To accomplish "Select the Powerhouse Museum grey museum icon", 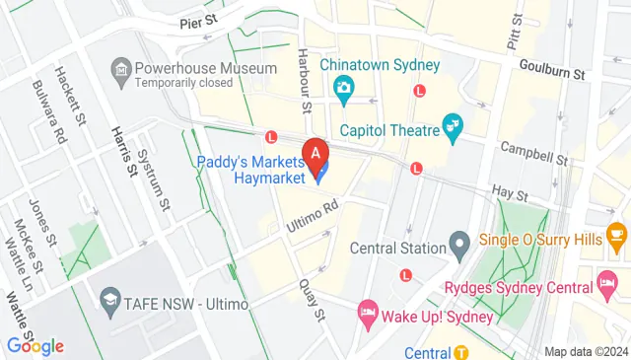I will click(x=120, y=69).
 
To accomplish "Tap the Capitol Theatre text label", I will click(x=391, y=129).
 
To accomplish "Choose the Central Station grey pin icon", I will click(x=458, y=242).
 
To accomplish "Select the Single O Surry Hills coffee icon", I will click(x=618, y=235).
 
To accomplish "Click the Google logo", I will click(x=35, y=345).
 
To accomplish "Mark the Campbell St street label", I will click(x=533, y=152).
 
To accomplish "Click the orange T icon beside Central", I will click(x=461, y=352).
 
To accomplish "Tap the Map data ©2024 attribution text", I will click(x=586, y=352).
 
